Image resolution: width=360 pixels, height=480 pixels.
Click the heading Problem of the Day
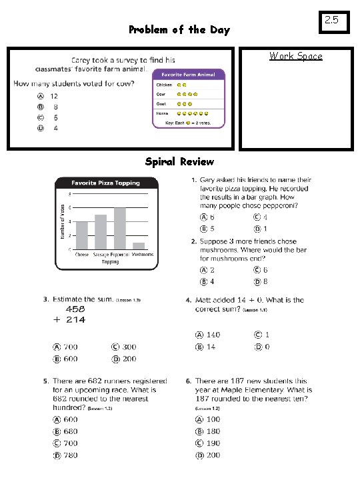pos(179,29)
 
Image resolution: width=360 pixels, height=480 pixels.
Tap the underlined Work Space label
pos(295,56)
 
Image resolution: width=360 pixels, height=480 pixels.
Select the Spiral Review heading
pos(179,161)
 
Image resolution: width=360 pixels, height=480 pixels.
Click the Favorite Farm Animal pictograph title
pos(189,75)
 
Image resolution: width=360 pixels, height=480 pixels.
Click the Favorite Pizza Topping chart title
pos(106,183)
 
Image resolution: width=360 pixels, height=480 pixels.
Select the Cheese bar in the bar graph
pos(82,235)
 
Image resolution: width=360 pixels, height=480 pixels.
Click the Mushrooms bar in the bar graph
pos(139,246)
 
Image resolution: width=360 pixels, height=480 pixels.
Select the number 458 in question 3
pos(75,310)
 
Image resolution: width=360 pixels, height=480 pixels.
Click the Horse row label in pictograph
pos(163,114)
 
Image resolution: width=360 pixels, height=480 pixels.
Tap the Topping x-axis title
pos(110,262)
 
